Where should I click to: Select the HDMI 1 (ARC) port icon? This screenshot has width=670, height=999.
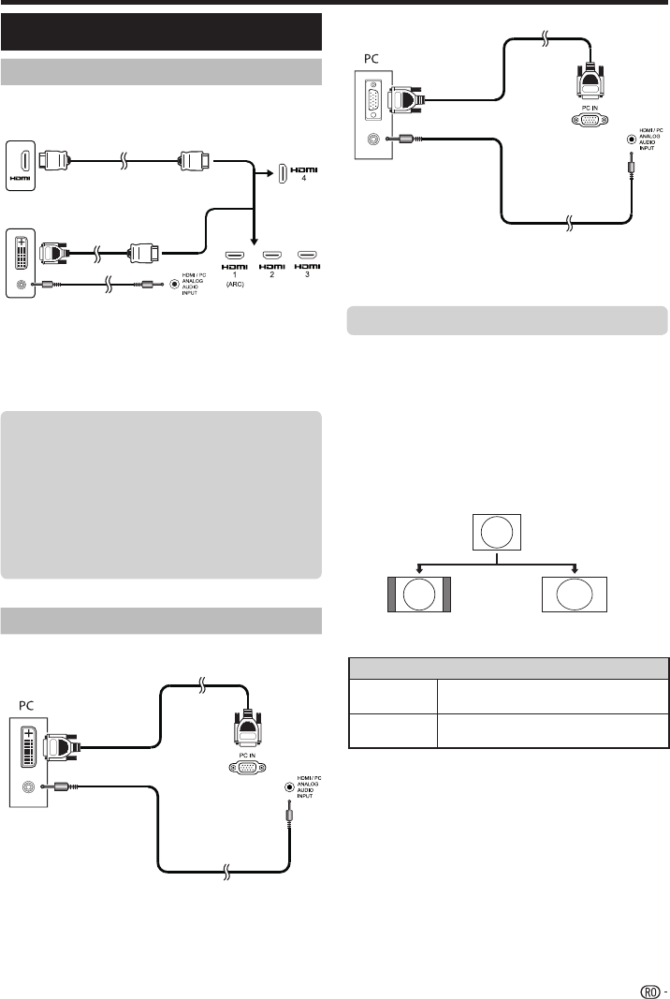[x=235, y=254]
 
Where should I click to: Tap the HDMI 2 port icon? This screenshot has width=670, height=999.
[x=271, y=254]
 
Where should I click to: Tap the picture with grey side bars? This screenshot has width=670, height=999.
[x=418, y=595]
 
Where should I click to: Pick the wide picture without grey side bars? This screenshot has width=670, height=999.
[x=575, y=595]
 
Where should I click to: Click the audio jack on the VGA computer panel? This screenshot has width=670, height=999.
[x=375, y=140]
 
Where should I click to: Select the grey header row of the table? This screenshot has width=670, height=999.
[x=508, y=667]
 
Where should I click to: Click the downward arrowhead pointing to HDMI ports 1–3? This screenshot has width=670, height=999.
[x=255, y=240]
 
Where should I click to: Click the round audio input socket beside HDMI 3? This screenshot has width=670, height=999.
[x=173, y=284]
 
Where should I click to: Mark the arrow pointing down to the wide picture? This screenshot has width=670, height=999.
[x=575, y=567]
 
